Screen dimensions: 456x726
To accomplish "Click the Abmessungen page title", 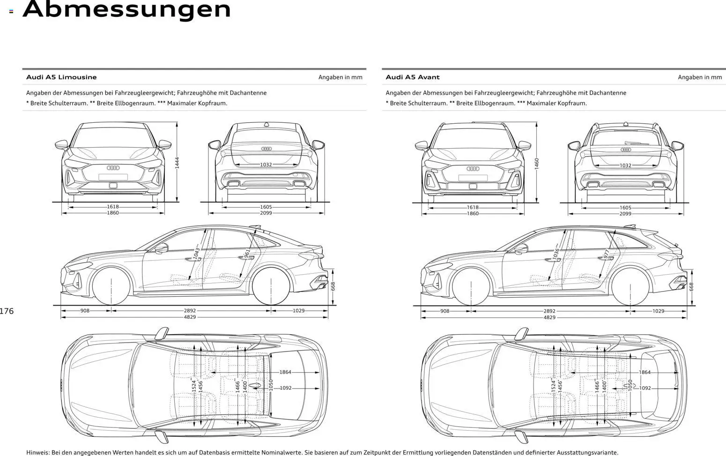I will (x=127, y=9).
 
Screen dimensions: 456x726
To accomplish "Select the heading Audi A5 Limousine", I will (x=61, y=77).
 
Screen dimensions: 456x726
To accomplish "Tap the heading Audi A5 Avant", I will (x=412, y=77).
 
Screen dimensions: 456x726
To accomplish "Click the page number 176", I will (x=7, y=311).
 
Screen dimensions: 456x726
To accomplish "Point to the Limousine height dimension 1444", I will (x=177, y=162).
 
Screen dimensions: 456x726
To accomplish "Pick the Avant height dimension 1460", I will (x=537, y=163).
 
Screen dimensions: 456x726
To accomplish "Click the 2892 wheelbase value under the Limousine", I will (x=190, y=311).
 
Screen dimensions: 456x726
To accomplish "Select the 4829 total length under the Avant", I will (x=549, y=318).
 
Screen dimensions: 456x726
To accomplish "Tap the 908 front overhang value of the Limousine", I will (x=85, y=311).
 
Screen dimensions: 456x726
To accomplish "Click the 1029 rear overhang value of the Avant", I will (x=658, y=311).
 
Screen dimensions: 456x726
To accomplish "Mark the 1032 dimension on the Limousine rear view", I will (x=266, y=165).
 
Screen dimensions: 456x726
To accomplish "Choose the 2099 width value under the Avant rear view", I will (x=625, y=214).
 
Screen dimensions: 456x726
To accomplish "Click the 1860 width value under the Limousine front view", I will (x=113, y=213).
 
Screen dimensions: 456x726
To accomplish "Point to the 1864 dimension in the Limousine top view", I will (x=285, y=372).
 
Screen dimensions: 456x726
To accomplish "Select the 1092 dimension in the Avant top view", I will (x=645, y=388).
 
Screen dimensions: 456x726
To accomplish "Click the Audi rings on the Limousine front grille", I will (x=113, y=168).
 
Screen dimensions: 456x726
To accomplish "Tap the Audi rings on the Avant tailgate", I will (x=626, y=150).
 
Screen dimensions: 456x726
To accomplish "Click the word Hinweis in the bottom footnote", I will (x=37, y=452).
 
